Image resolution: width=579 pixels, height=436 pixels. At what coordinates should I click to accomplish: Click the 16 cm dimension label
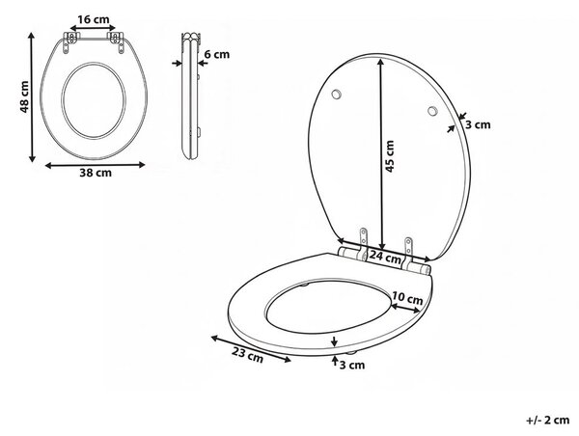point(94,19)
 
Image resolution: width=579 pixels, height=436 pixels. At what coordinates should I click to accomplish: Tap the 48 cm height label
point(24,96)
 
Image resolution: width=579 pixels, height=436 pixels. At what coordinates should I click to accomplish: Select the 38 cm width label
point(96,173)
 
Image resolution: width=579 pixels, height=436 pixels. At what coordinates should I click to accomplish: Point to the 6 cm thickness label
point(217,54)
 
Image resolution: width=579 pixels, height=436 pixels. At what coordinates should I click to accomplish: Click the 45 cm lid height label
point(390,156)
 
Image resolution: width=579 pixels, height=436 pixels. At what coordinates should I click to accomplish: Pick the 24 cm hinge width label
point(385,257)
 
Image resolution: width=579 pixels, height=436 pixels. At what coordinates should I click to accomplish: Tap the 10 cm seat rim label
point(407,297)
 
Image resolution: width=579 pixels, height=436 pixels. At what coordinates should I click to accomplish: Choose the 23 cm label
point(247,355)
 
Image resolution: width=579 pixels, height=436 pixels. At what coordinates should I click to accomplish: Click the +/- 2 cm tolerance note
point(547,420)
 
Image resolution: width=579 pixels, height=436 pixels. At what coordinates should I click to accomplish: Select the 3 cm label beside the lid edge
point(478,124)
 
